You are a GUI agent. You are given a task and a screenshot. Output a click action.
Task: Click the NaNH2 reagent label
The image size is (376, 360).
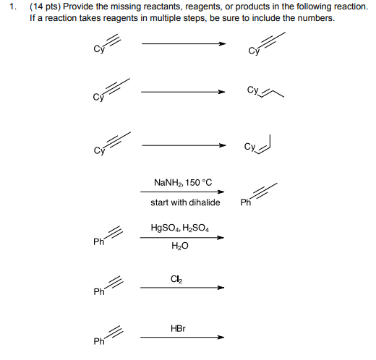tap(168, 183)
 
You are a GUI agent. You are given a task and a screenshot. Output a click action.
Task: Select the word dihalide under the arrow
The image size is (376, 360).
tap(204, 202)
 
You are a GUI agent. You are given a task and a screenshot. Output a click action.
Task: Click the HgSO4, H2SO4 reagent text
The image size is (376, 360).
tap(179, 228)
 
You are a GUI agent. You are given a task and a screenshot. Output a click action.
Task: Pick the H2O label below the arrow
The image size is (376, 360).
tap(180, 247)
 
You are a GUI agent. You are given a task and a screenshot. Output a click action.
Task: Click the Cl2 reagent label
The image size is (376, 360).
tap(176, 279)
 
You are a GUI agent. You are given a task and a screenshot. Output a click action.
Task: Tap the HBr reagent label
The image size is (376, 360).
tap(178, 328)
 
